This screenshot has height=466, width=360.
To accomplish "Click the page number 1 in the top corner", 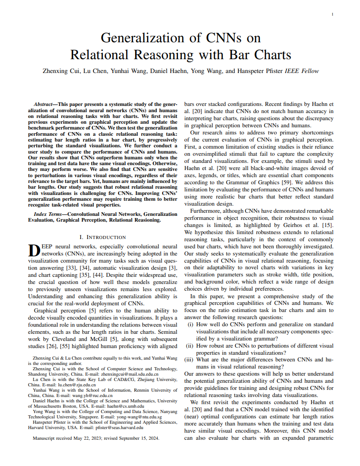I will [x=333, y=15].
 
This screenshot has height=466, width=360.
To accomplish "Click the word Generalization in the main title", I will [x=142, y=37].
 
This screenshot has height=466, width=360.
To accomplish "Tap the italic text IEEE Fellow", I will [x=302, y=71].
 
